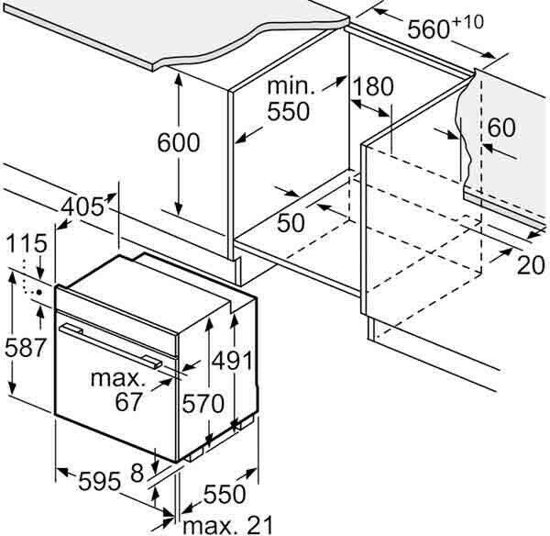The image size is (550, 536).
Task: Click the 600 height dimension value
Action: tap(179, 142)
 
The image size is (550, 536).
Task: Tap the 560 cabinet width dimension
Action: tap(429, 28)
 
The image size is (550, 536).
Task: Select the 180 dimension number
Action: tap(373, 86)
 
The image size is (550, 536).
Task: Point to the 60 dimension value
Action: tap(501, 128)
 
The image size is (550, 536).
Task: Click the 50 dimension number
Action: tap(291, 222)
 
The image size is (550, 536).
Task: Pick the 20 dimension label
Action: tap(531, 265)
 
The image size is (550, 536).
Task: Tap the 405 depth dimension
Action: tap(82, 207)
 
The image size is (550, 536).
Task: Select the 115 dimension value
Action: tap(27, 243)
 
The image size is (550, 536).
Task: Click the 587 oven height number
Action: tap(26, 347)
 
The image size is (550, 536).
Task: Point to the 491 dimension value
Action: tap(233, 360)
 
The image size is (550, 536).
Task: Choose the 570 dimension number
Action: tap(203, 403)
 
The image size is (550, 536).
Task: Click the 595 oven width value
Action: tap(100, 481)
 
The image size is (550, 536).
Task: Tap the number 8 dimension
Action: tap(137, 473)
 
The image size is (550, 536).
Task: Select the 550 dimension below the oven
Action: tap(225, 494)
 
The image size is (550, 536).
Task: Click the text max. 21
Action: tap(227, 526)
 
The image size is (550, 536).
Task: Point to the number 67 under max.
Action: tap(128, 401)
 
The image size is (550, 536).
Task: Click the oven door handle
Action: tap(111, 346)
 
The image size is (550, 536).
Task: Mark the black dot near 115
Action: tap(38, 292)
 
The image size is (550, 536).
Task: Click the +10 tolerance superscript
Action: tap(468, 22)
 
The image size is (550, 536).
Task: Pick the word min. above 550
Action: tap(291, 86)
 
